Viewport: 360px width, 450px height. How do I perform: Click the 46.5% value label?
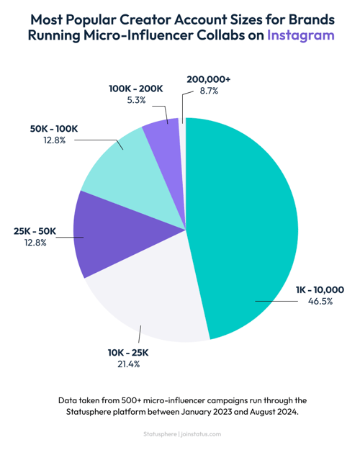pyautogui.click(x=320, y=302)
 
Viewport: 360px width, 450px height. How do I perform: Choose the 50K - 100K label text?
pyautogui.click(x=54, y=128)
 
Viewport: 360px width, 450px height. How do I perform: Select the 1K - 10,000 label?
pyautogui.click(x=320, y=289)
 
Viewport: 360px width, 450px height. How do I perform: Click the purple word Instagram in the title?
pyautogui.click(x=300, y=35)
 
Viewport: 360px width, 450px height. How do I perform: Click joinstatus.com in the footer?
pyautogui.click(x=201, y=433)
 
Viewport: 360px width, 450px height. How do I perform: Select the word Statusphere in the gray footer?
pyautogui.click(x=158, y=433)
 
